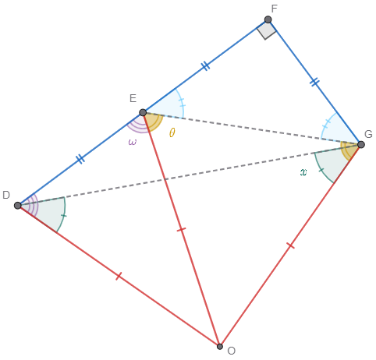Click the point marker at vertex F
click(268, 19)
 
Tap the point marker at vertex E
click(143, 112)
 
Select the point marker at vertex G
click(361, 145)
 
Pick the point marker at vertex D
click(18, 206)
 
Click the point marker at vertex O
click(220, 347)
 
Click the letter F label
click(274, 9)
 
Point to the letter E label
click(133, 99)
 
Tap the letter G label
click(368, 134)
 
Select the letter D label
click(6, 195)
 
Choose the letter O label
click(231, 351)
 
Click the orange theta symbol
click(172, 132)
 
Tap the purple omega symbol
click(132, 142)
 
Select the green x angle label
click(303, 172)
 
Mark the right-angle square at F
click(267, 30)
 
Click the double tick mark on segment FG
click(314, 82)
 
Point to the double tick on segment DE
click(80, 159)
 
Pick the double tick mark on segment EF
click(205, 66)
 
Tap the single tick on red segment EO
click(181, 229)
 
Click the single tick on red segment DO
click(119, 276)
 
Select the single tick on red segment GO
click(290, 245)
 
